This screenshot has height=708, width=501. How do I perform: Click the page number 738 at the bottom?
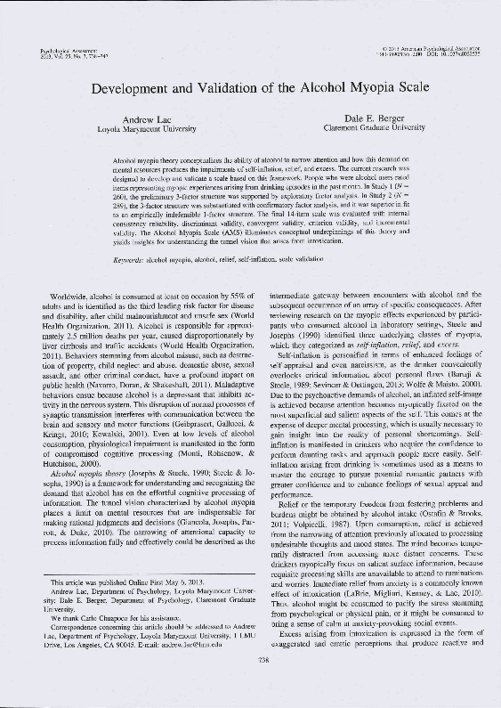tap(250, 661)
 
